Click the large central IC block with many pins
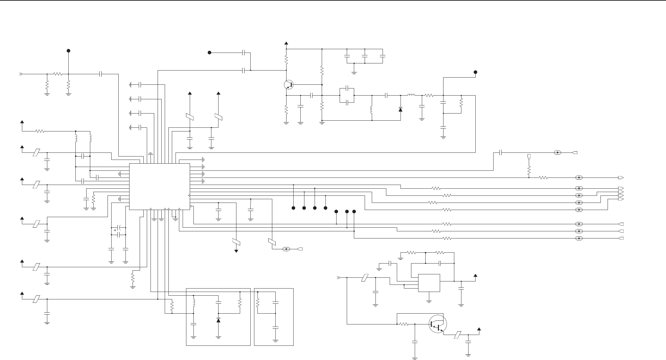[159, 186]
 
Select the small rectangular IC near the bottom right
[429, 283]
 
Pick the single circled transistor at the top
[288, 84]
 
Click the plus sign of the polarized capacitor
[115, 230]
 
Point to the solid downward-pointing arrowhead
[236, 251]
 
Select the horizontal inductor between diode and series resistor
[411, 95]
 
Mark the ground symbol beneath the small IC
[429, 301]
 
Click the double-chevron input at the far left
[21, 74]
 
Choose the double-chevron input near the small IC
[338, 277]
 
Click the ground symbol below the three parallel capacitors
[354, 73]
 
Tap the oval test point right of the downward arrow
[286, 249]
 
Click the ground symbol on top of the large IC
[151, 153]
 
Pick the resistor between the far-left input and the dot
[57, 74]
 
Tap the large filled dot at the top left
[69, 51]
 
